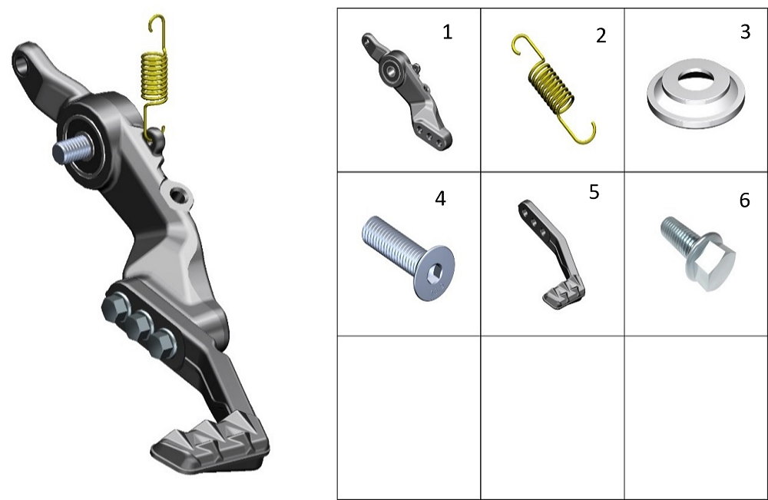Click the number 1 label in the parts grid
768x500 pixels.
pyautogui.click(x=447, y=31)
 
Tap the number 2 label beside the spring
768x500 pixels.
pyautogui.click(x=601, y=35)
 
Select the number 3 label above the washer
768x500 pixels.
pyautogui.click(x=745, y=31)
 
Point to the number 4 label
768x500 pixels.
pyautogui.click(x=440, y=198)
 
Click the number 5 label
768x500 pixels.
pyautogui.click(x=594, y=192)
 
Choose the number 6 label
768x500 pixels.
pyautogui.click(x=744, y=200)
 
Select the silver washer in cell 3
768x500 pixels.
pyautogui.click(x=696, y=93)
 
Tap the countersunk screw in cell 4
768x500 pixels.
pyautogui.click(x=408, y=257)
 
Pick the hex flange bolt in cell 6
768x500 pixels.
pyautogui.click(x=698, y=253)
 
